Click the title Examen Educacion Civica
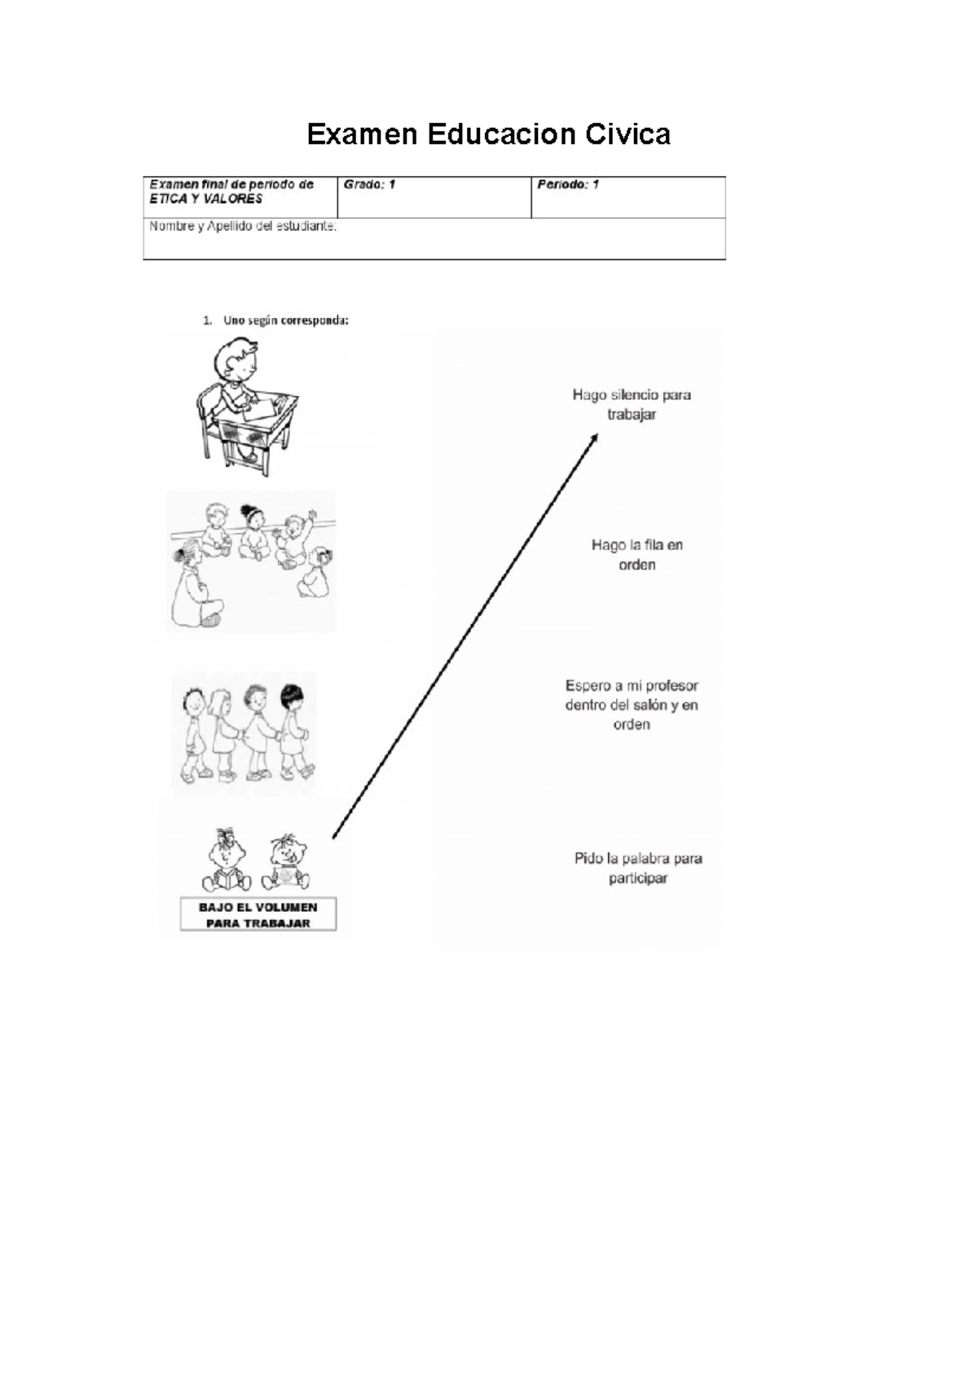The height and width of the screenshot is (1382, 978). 488,134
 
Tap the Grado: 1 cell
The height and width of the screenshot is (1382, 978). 434,196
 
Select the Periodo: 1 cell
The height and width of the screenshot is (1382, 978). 628,196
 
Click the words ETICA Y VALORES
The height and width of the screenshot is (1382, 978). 205,199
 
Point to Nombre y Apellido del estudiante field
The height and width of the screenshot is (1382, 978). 434,238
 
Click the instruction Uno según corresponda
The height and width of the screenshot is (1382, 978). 285,320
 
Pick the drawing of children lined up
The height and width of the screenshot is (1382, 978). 244,733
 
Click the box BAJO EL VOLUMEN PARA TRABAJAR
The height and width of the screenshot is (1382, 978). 258,914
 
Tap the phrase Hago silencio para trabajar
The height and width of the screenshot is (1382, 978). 631,404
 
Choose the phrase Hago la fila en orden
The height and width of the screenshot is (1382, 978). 637,554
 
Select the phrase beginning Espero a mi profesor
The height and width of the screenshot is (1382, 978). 632,705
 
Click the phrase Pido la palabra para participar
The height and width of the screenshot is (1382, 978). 638,868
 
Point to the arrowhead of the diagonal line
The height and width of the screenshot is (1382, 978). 595,438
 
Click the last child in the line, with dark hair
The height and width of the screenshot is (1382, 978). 293,730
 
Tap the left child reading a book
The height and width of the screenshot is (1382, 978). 225,861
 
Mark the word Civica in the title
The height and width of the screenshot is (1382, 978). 628,134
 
